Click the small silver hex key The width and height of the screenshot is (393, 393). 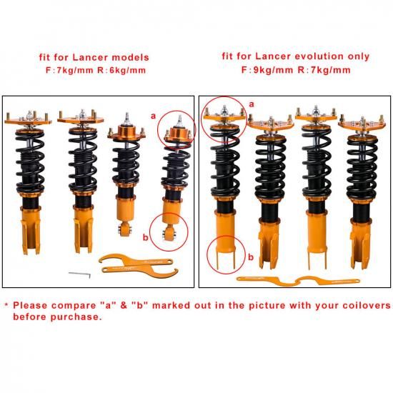80,274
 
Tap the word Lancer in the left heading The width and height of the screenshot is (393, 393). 90,57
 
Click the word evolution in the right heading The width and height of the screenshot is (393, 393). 319,56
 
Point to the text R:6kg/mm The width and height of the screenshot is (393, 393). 121,70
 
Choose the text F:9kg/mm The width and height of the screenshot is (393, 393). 267,70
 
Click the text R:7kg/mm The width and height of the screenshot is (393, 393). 324,70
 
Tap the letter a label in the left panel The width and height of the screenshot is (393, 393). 153,116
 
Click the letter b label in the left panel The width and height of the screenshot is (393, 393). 146,237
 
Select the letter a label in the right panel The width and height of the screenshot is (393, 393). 252,104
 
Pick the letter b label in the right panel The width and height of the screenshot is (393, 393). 251,257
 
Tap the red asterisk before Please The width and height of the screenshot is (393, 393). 6,305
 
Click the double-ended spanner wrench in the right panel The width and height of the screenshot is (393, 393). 298,281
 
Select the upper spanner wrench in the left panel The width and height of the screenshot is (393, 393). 135,260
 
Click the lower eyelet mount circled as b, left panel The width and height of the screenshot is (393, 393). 169,232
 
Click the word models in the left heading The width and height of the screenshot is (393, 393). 130,57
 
